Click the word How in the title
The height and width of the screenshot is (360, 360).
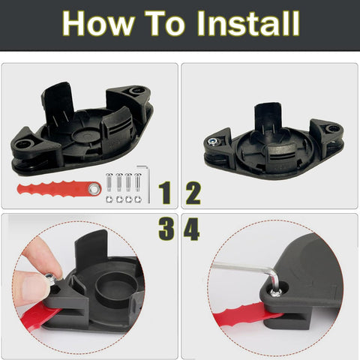(x=98, y=24)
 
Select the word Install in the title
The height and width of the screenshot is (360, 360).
(x=248, y=23)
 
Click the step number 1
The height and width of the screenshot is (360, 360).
(x=165, y=193)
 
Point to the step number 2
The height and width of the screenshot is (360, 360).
(x=193, y=193)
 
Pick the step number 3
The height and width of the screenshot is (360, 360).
(x=166, y=229)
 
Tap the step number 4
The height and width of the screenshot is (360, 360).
(x=191, y=229)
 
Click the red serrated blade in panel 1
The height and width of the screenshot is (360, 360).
(x=59, y=188)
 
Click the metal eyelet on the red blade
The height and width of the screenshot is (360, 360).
(x=94, y=188)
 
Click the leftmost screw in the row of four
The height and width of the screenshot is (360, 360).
(x=109, y=182)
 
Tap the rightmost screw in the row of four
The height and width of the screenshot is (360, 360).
(x=138, y=182)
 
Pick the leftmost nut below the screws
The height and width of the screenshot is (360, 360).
(x=109, y=199)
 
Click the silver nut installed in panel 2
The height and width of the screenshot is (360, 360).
(x=213, y=142)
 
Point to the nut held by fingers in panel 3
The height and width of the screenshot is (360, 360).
(x=49, y=277)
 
